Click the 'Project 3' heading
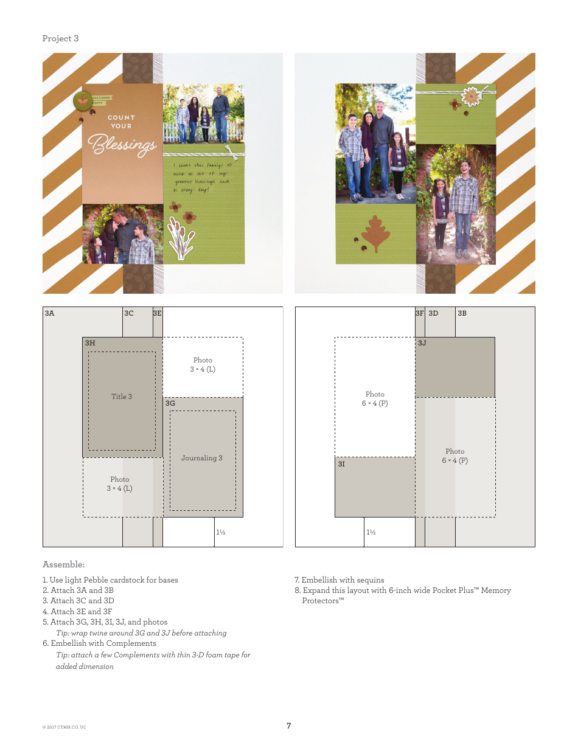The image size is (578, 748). point(60,38)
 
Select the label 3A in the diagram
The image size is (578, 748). point(49,313)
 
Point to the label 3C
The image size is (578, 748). point(129,313)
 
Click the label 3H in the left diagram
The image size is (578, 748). point(90,343)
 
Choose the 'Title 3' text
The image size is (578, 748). point(122,397)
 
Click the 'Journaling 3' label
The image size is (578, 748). point(202,458)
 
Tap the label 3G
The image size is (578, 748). point(170,403)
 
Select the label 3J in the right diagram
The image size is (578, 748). point(422,343)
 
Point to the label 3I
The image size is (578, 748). point(342,464)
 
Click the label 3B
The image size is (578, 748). point(462,313)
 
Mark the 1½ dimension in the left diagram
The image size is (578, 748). point(221,532)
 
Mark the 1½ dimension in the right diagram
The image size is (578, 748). point(371,532)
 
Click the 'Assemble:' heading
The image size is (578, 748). point(63,564)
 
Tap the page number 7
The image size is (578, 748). point(289,725)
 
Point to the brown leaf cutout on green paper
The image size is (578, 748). point(375,234)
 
